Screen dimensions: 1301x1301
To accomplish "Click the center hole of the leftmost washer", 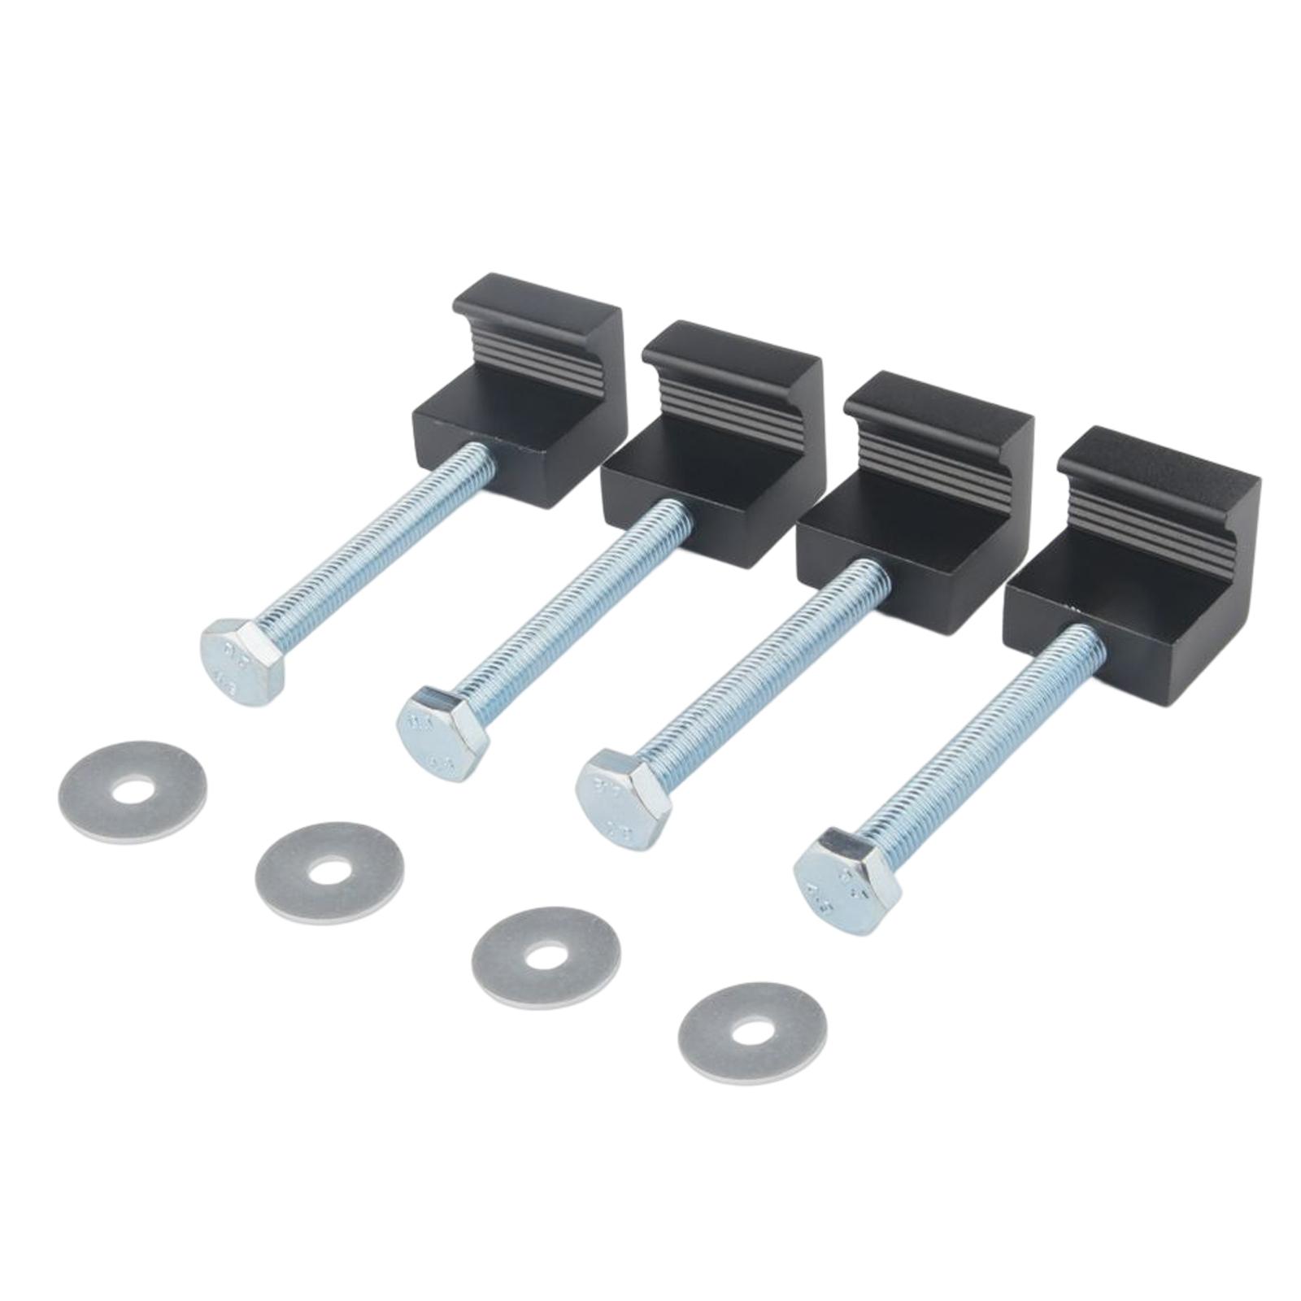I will [133, 792].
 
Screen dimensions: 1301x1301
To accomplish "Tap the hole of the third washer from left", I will [546, 957].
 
